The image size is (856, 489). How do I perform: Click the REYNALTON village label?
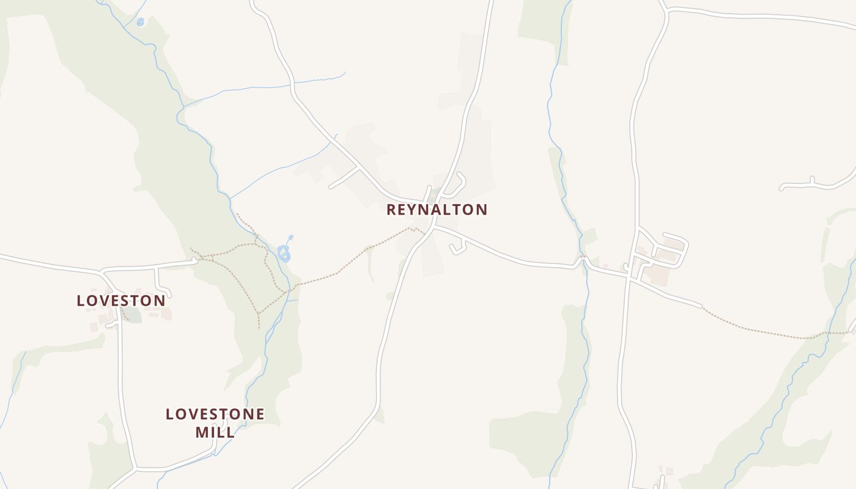(437, 210)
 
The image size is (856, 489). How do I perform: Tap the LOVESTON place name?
(121, 301)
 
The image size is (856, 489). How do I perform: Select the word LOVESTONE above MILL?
(215, 414)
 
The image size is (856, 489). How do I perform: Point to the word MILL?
(215, 432)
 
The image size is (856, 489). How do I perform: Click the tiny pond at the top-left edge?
(141, 22)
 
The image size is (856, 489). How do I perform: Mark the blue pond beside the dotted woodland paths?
(284, 252)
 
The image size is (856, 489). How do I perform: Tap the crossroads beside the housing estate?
(629, 276)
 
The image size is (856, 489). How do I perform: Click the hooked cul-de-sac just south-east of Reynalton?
(458, 248)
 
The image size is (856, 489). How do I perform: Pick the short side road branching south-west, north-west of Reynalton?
(344, 178)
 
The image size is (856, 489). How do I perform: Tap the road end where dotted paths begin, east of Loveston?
(195, 261)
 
